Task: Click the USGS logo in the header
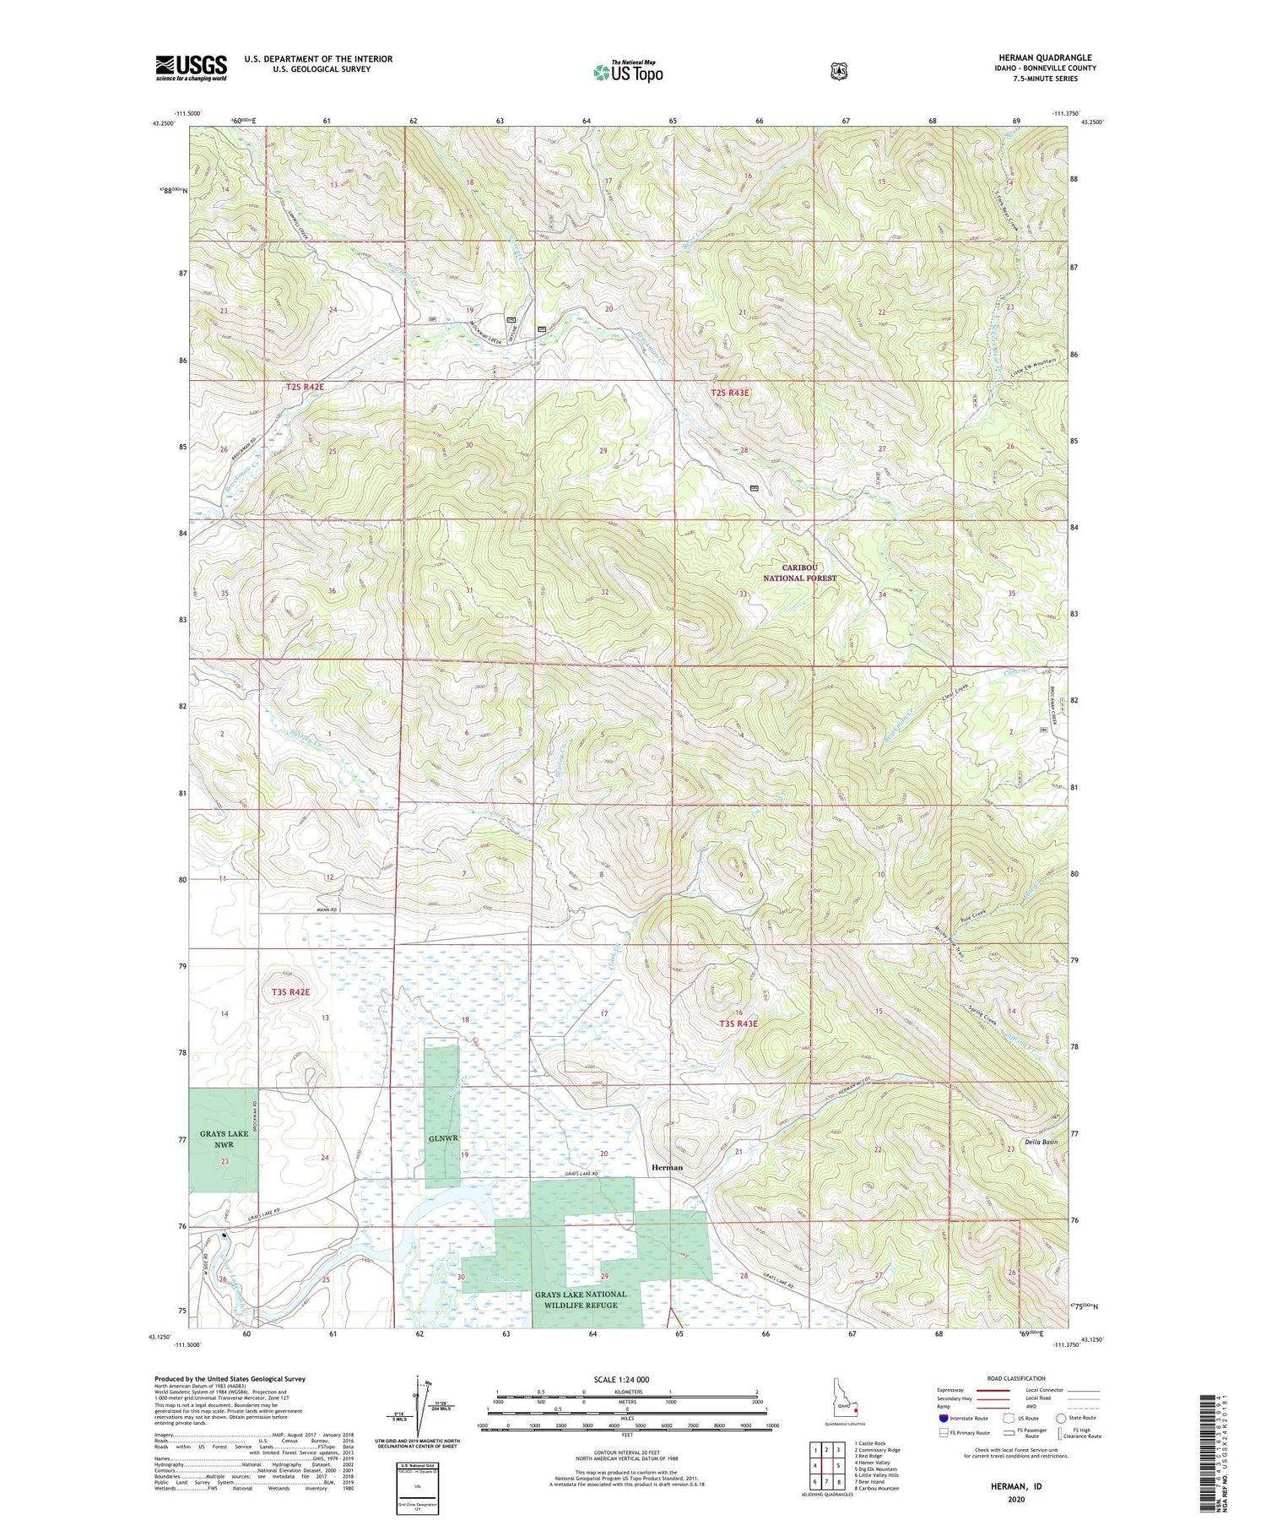(x=192, y=68)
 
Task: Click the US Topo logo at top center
(x=628, y=72)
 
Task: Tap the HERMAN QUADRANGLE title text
(x=1046, y=57)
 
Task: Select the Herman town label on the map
(x=667, y=1167)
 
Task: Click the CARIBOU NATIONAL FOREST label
(x=799, y=573)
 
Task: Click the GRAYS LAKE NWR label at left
(x=224, y=1138)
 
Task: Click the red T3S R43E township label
(x=738, y=1023)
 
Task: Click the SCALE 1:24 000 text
(x=621, y=1379)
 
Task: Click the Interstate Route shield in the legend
(x=944, y=1418)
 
